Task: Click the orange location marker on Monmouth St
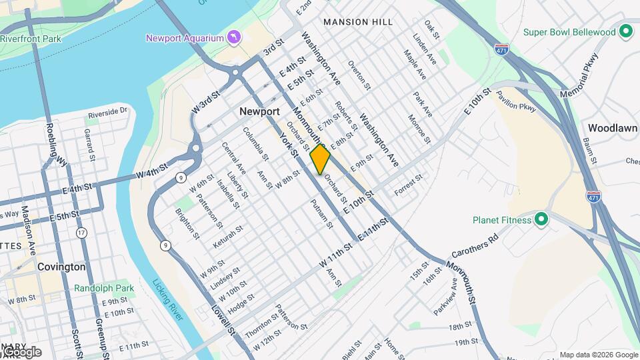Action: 320,159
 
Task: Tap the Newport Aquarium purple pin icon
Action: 233,36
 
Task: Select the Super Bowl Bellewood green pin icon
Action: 625,31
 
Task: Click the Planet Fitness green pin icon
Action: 541,219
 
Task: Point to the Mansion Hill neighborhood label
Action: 358,22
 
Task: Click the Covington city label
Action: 61,267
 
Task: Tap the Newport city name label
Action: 259,112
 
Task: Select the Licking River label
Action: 167,299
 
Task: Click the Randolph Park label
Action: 104,288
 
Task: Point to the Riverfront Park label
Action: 31,39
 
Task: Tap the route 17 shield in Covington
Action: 81,233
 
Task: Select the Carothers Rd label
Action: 475,246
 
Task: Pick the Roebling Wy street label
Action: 56,144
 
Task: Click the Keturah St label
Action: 229,238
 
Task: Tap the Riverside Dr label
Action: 106,111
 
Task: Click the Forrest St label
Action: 408,185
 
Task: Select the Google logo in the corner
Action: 21,352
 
